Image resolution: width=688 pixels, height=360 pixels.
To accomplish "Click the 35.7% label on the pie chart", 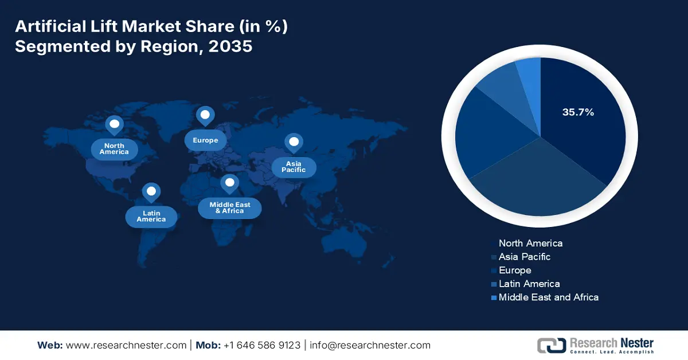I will [577, 112].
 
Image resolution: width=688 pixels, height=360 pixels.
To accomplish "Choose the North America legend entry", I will [530, 243].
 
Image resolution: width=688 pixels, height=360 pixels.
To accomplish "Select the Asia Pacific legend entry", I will [524, 257].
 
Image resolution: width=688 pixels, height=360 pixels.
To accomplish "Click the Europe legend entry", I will [514, 270].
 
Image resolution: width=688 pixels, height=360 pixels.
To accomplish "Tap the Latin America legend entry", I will [529, 284].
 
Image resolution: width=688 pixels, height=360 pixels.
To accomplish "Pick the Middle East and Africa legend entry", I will [548, 297].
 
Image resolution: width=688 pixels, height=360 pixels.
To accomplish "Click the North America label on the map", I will [114, 149].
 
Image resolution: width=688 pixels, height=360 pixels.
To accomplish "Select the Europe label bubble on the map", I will [205, 140].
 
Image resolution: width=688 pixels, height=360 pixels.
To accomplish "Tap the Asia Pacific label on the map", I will [293, 167].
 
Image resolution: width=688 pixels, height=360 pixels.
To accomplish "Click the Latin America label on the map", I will [151, 216].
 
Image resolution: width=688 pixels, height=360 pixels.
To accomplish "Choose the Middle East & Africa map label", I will [229, 208].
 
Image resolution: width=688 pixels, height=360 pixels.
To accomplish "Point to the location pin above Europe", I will [205, 116].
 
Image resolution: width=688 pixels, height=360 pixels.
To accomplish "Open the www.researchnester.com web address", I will [126, 345].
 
